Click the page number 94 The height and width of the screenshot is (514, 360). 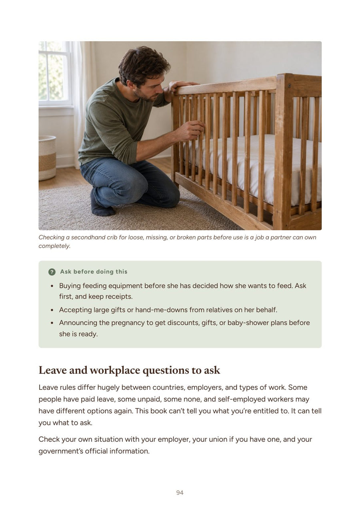180,492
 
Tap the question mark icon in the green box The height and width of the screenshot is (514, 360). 52,272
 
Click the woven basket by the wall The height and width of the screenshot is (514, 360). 47,158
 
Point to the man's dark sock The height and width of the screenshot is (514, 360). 102,204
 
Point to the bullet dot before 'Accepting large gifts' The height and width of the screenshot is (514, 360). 52,310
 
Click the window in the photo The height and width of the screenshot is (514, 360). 55,74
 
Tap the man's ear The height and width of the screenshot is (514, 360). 131,83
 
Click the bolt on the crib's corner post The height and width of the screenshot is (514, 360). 289,86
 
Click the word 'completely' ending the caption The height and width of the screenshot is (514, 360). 54,246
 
